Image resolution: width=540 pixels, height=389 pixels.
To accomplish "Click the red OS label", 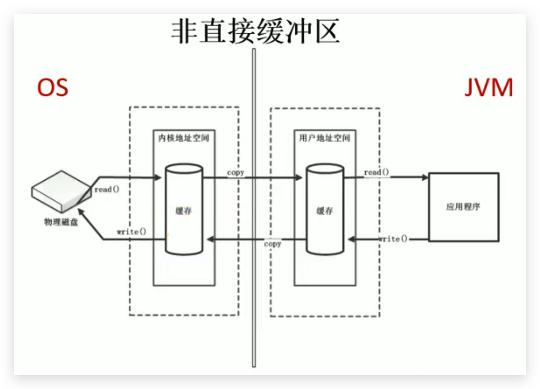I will click(52, 87).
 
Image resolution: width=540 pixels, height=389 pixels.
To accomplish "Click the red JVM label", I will click(488, 87).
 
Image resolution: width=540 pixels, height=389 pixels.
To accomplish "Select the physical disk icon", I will click(61, 190).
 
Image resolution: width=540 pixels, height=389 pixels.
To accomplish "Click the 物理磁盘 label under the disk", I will click(61, 222).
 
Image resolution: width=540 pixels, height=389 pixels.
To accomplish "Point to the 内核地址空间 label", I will click(184, 138).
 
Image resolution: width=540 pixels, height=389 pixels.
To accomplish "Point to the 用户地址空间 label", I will click(325, 138).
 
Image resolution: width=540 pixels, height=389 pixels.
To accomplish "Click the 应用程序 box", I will click(464, 207).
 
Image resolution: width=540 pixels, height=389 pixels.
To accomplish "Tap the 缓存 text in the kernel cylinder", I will click(184, 211).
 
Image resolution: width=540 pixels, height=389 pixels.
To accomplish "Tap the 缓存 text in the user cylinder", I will click(325, 211).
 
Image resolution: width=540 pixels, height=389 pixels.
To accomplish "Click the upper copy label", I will click(236, 172).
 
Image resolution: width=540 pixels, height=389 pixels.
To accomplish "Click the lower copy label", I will click(272, 244).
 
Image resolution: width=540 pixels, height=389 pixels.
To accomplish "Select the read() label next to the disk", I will click(107, 189).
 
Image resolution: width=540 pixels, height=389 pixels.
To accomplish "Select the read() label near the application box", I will click(376, 172).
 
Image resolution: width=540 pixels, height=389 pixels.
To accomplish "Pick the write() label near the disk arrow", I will click(131, 232).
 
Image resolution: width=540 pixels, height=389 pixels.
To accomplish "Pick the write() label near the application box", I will click(393, 239).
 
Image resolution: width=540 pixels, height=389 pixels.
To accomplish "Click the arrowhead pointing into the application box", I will click(425, 177).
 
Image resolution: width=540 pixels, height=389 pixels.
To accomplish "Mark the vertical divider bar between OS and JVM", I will click(254, 208).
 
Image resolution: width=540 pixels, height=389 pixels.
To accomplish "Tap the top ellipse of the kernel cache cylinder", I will click(184, 169).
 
